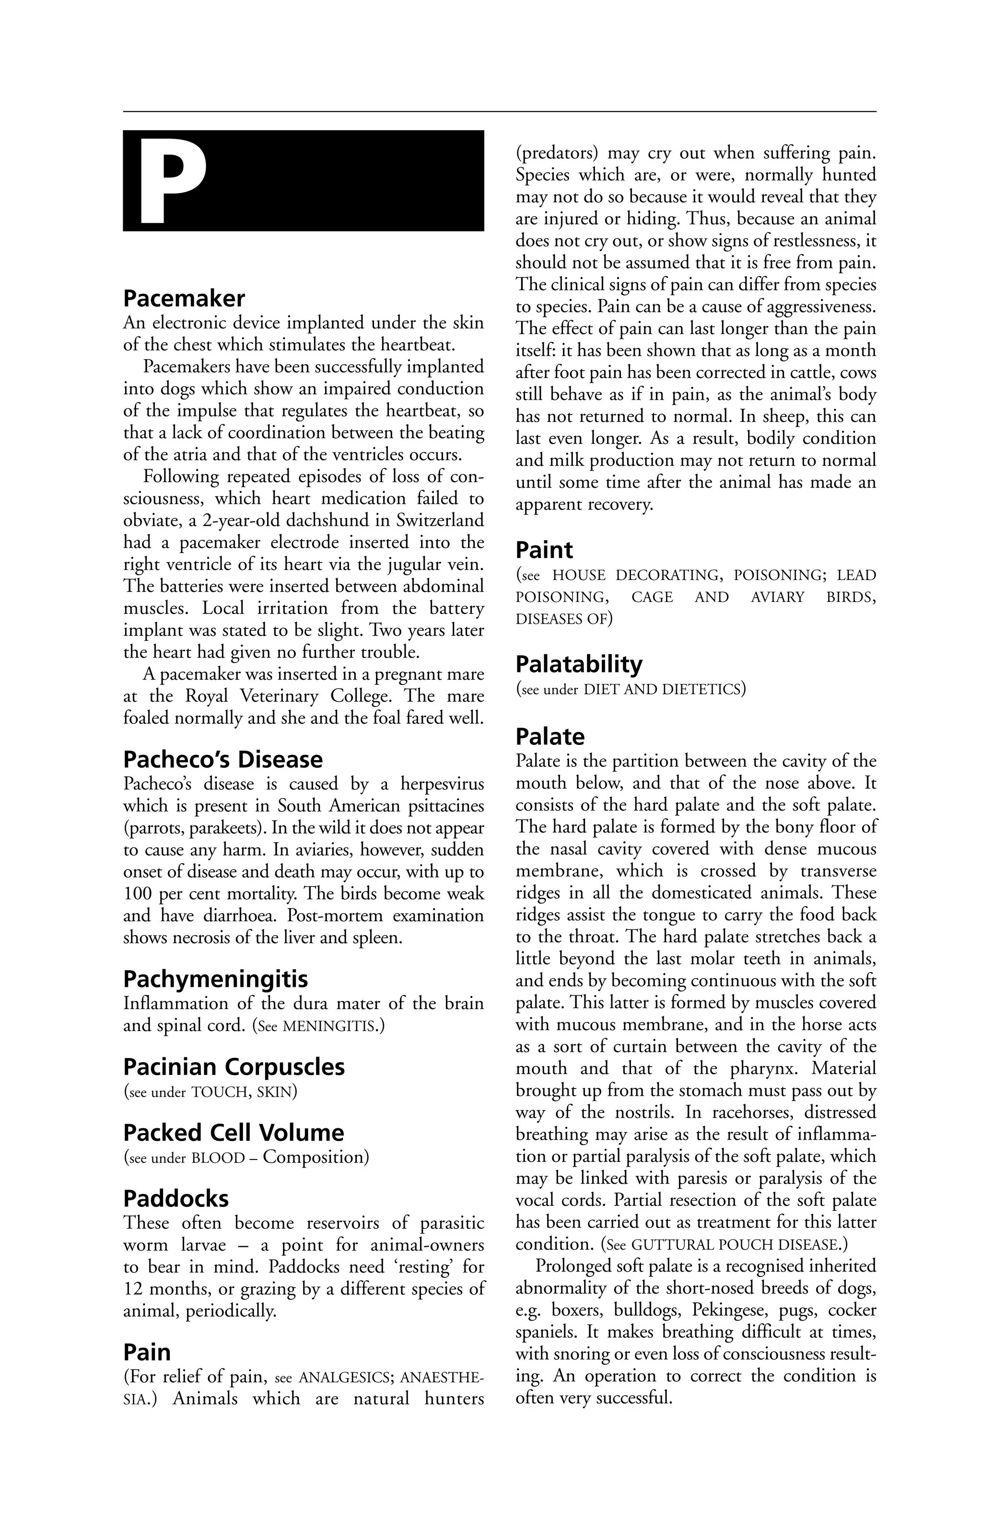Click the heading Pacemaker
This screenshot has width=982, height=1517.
click(x=184, y=298)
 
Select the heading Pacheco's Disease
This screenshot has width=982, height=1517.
click(x=222, y=760)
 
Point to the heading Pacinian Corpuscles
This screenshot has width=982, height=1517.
click(x=234, y=1067)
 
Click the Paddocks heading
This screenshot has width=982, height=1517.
click(x=175, y=1199)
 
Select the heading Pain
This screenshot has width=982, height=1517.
click(x=147, y=1353)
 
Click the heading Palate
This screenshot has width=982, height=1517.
click(x=549, y=737)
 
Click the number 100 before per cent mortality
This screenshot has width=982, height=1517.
click(x=137, y=894)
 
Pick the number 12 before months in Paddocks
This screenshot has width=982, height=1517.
click(x=133, y=1289)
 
